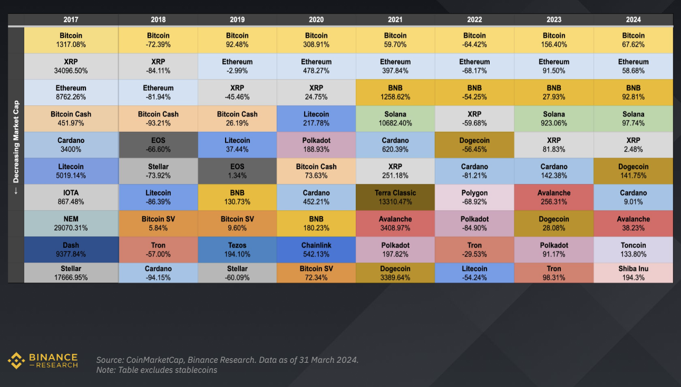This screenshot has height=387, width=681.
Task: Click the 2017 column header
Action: click(x=71, y=20)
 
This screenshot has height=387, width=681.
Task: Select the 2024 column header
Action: click(x=633, y=20)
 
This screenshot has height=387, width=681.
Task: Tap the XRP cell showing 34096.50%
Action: click(x=71, y=66)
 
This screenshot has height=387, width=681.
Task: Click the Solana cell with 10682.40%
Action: click(x=395, y=119)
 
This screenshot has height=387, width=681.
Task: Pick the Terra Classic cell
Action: click(x=395, y=197)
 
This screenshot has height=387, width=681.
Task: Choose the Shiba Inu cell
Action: click(x=633, y=273)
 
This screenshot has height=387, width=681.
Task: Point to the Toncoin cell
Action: click(x=633, y=249)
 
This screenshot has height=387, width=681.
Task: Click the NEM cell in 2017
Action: click(x=71, y=224)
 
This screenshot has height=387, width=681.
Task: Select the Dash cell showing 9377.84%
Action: click(x=71, y=249)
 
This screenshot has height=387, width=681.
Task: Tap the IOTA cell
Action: click(x=71, y=197)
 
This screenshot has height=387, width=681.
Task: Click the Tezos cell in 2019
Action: click(x=237, y=249)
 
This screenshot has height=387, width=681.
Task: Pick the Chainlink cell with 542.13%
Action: click(x=316, y=249)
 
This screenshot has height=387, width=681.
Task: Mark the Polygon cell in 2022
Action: click(x=474, y=197)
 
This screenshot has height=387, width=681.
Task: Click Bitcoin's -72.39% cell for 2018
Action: click(x=158, y=40)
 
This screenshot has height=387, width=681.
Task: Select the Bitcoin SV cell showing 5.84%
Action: click(x=158, y=224)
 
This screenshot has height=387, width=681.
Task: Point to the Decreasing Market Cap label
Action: click(x=16, y=148)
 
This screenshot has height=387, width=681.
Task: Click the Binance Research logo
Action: click(x=43, y=361)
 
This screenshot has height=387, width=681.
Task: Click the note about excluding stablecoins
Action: click(x=157, y=370)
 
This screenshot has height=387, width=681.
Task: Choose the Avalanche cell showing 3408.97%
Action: click(x=395, y=224)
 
